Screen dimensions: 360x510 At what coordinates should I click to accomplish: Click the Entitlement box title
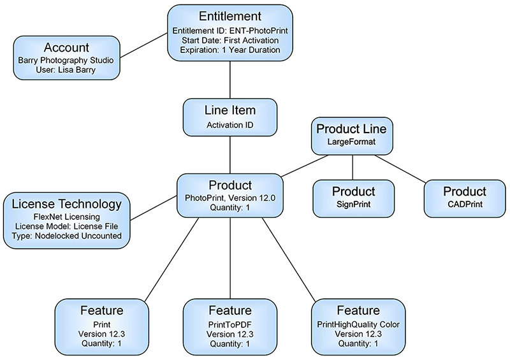(229, 17)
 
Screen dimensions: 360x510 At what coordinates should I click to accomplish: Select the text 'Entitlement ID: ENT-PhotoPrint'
(229, 30)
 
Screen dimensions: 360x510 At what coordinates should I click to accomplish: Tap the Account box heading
(66, 48)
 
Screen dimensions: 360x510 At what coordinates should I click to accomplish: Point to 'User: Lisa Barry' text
(66, 69)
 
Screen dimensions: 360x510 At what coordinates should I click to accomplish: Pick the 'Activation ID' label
(229, 125)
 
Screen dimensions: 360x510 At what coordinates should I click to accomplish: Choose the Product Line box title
(352, 129)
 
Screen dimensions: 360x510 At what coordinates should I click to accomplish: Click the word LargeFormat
(352, 141)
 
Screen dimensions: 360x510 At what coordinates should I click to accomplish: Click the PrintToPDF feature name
(229, 324)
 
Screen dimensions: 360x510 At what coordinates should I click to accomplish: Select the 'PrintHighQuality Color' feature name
(358, 324)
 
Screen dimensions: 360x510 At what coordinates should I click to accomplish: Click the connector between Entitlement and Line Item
(229, 80)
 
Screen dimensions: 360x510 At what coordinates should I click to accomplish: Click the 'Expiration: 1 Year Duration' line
(229, 50)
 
